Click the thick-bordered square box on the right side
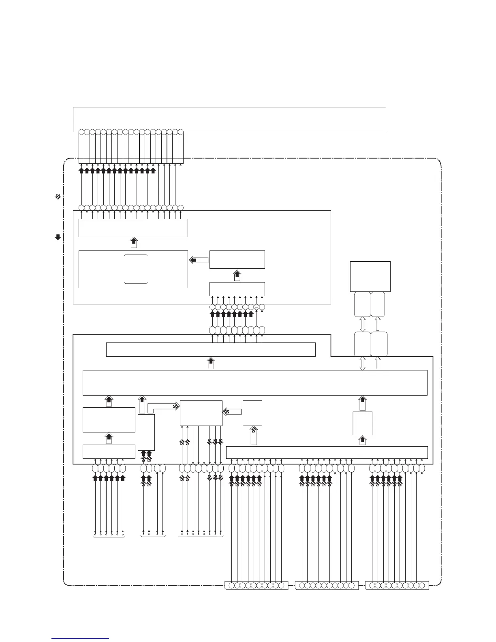[x=370, y=276]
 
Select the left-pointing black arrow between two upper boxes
[x=199, y=260]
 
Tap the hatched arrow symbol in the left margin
[x=58, y=197]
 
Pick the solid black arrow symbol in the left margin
[x=58, y=237]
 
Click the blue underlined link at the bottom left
[x=80, y=638]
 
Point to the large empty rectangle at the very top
[x=229, y=119]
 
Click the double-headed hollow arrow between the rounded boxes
[x=363, y=324]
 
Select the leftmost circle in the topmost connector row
[x=81, y=132]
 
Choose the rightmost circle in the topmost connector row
[x=181, y=132]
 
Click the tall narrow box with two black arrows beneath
[x=146, y=432]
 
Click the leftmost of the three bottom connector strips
[x=256, y=585]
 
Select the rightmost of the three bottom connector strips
[x=397, y=585]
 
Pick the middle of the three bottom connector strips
[x=327, y=585]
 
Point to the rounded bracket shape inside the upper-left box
[x=135, y=269]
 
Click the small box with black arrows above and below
[x=363, y=423]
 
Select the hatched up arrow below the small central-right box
[x=254, y=434]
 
